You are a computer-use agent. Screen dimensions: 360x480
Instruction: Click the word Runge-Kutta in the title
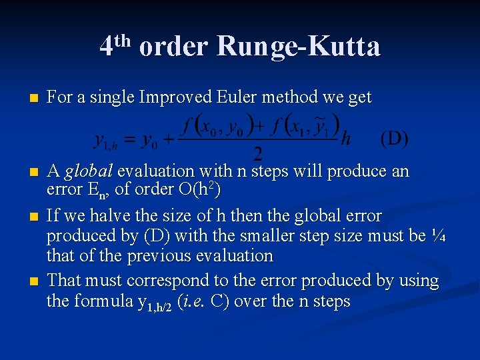(x=299, y=47)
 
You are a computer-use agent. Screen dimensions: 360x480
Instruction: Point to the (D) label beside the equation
(x=394, y=139)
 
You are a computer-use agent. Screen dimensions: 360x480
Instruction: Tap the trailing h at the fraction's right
(x=345, y=139)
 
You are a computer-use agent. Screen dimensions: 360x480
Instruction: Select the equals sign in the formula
(x=132, y=141)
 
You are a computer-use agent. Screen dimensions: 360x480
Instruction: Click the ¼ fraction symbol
(x=439, y=235)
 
